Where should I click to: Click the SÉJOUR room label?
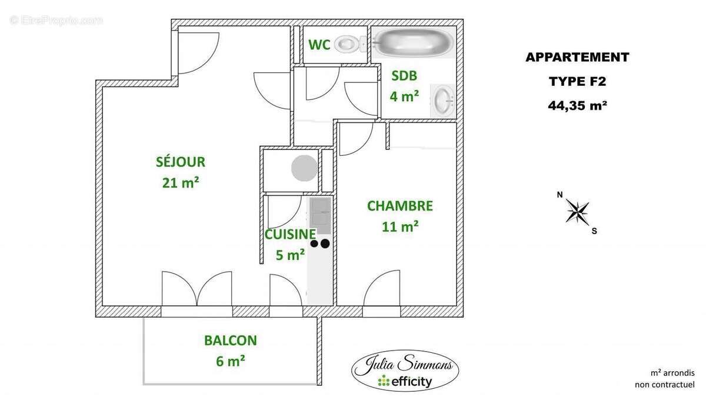click(x=181, y=162)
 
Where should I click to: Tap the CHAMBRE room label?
click(x=400, y=206)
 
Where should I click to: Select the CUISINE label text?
click(x=290, y=234)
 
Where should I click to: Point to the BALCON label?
click(x=231, y=340)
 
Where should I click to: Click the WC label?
click(x=319, y=45)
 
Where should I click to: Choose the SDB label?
click(x=404, y=75)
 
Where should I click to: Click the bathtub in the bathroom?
click(x=414, y=43)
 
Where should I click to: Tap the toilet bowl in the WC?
click(x=347, y=44)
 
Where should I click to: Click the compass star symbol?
click(x=578, y=212)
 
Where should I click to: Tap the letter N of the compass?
click(x=560, y=195)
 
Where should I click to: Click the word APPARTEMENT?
click(x=577, y=58)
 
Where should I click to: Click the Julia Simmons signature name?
click(x=405, y=364)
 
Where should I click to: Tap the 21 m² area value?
click(x=181, y=183)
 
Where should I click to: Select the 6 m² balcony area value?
click(x=231, y=361)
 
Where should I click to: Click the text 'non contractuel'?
click(x=665, y=385)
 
